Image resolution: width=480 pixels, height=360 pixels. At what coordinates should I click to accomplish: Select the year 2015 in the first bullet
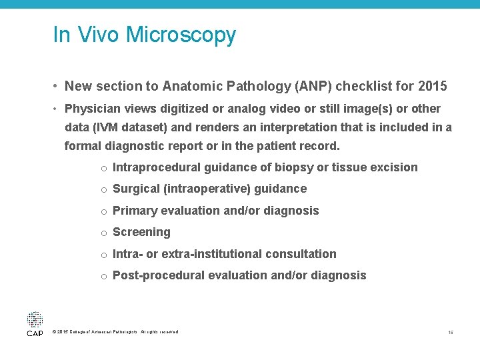coord(433,86)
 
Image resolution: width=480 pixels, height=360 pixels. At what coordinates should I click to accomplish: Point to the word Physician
coord(93,109)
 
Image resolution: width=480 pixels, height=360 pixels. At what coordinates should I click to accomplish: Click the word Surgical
coord(136,189)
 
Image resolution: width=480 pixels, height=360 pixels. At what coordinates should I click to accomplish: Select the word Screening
coord(141,232)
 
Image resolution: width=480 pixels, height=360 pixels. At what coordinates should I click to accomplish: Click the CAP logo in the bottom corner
coord(35,323)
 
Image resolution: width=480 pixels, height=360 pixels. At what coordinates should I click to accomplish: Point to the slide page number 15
coord(451,332)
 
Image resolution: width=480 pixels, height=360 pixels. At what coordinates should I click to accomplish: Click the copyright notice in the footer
coord(114,332)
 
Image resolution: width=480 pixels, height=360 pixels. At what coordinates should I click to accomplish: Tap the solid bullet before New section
coord(57,87)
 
